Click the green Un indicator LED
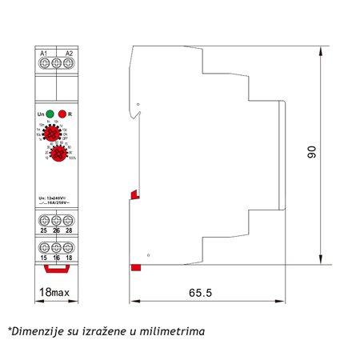[50, 114]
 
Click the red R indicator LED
[62, 114]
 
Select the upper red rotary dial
[56, 134]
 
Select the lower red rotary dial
[56, 156]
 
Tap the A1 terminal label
[45, 53]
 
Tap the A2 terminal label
[69, 53]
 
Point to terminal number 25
[43, 231]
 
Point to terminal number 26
[56, 231]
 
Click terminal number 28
[70, 231]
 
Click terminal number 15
[43, 258]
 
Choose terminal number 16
[56, 258]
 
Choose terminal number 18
[70, 258]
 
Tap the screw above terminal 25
[43, 219]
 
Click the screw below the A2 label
[69, 66]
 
